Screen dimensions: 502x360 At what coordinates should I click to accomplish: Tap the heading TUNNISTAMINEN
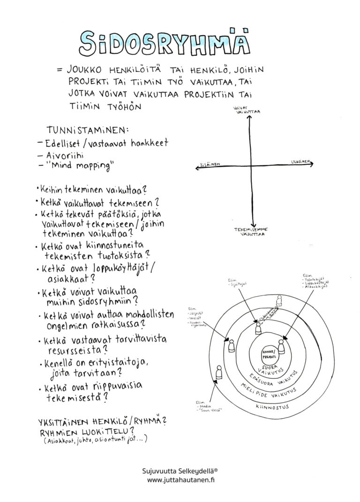88,128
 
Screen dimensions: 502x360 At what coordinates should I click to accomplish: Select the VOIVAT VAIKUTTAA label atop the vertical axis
249,112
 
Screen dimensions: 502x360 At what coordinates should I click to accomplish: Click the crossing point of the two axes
252,166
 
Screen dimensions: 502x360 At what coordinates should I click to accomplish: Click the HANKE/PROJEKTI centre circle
268,353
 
